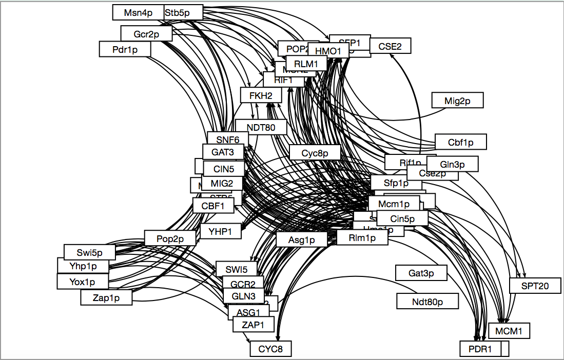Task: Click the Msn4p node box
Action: [138, 13]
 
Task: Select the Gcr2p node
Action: [146, 34]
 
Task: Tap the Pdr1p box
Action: [125, 49]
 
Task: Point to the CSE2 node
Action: [390, 46]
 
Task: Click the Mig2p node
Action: [457, 101]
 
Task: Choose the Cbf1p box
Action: [460, 142]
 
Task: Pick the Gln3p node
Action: [452, 164]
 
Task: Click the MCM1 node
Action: [509, 331]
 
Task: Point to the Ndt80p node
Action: [427, 301]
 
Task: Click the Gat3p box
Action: [421, 273]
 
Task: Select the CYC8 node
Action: [271, 350]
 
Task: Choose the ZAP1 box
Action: [253, 324]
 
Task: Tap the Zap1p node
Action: [106, 297]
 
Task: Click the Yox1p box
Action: [82, 282]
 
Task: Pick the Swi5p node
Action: [90, 252]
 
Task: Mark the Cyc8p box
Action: [315, 152]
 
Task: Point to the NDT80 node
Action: [261, 127]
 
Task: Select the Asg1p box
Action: [301, 239]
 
